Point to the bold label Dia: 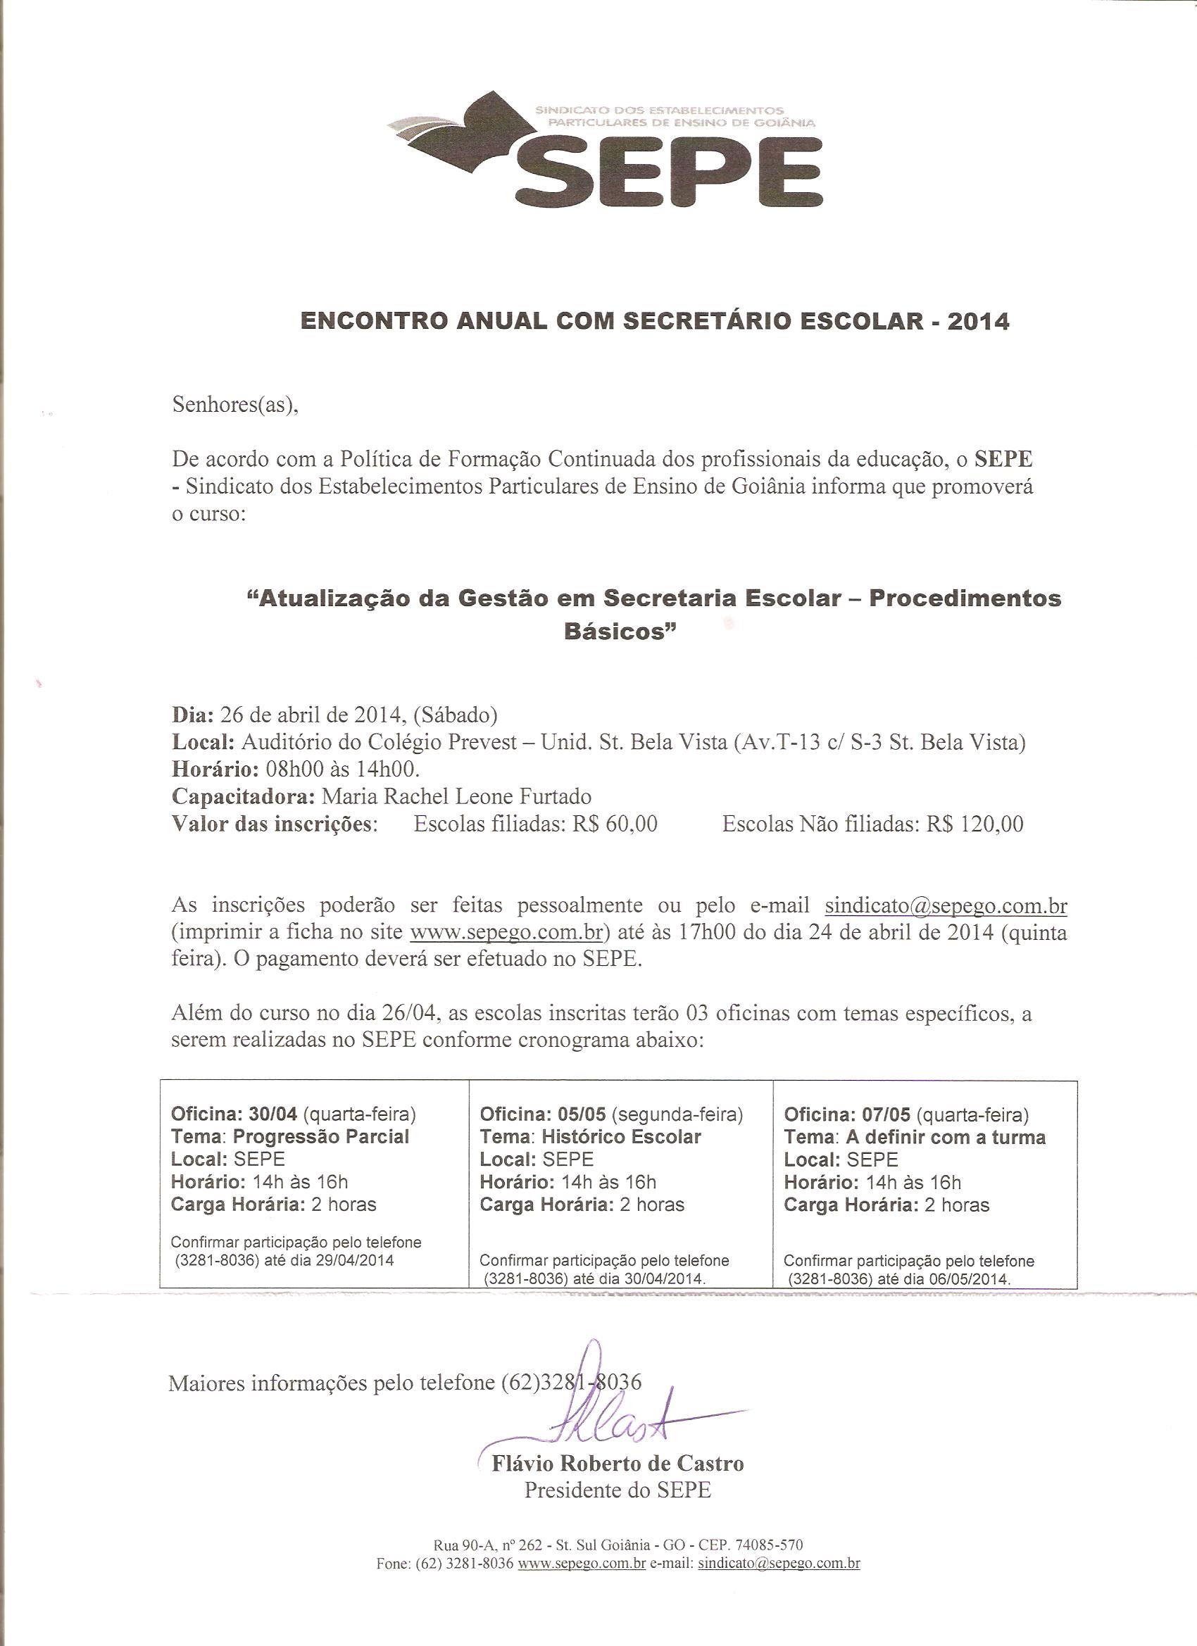[192, 715]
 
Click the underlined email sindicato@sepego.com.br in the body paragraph [945, 906]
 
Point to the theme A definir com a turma [945, 1136]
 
